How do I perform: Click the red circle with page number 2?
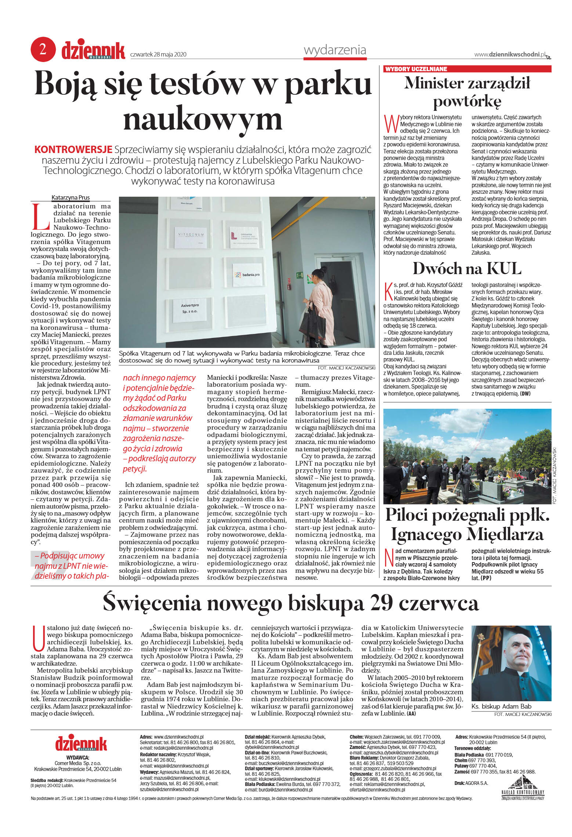tap(43, 50)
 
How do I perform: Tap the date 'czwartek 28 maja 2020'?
tap(158, 55)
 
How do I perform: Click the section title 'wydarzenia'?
tap(335, 50)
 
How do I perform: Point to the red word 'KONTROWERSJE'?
tap(73, 150)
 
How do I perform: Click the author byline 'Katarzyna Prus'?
tap(70, 197)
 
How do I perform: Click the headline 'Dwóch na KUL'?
tap(467, 269)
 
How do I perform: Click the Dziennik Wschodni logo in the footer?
tap(81, 743)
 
